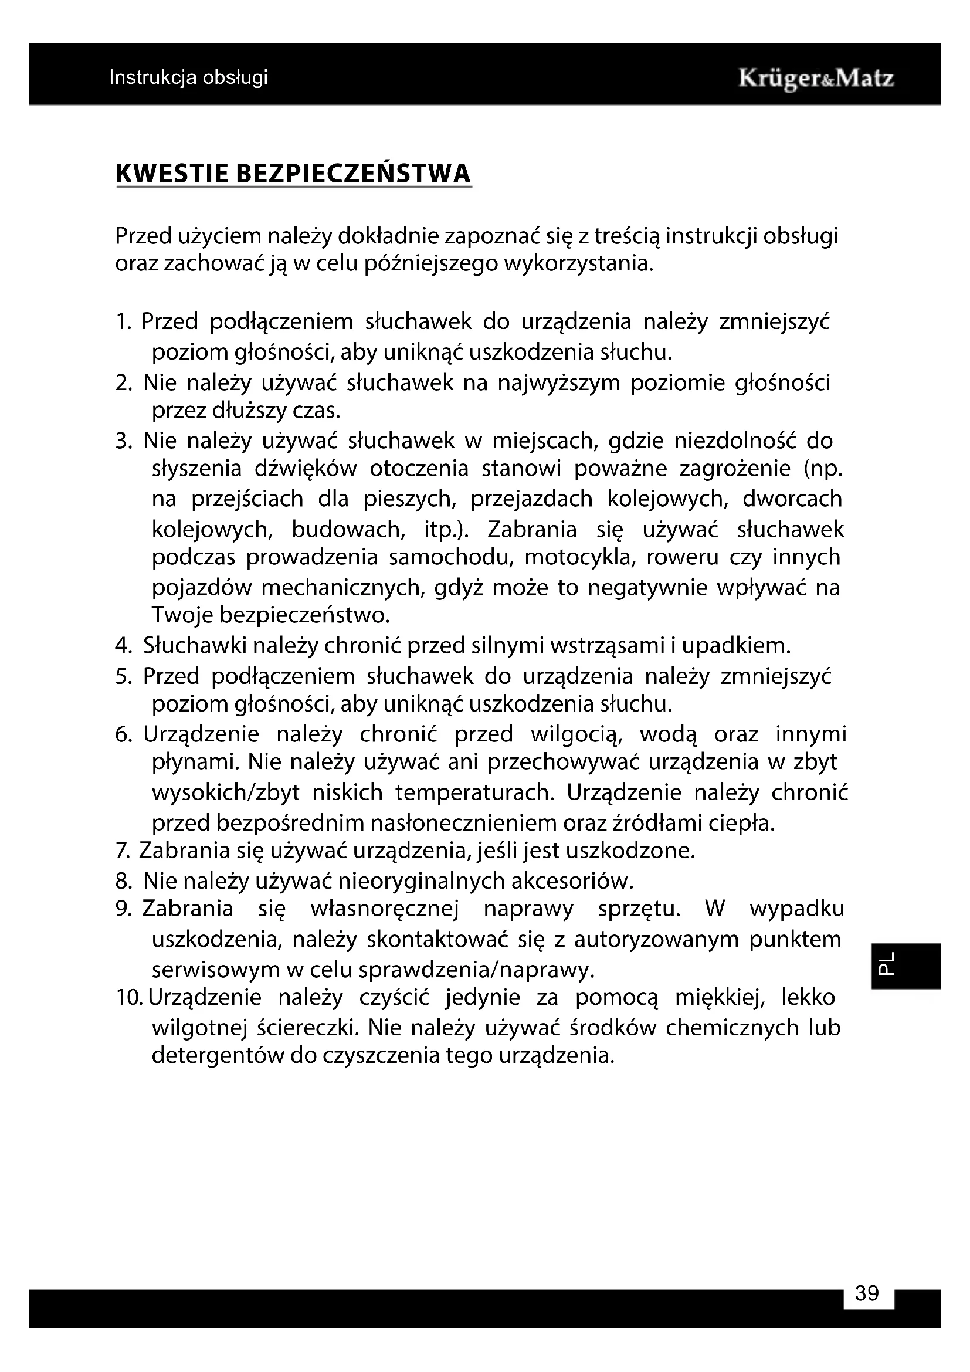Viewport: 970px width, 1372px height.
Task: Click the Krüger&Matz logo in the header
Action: click(816, 79)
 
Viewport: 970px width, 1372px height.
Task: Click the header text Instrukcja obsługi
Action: click(188, 77)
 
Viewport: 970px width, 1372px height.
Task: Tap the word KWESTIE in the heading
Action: click(171, 173)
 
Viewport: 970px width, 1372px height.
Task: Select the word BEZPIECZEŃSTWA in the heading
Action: click(354, 173)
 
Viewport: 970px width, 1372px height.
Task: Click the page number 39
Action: click(867, 1293)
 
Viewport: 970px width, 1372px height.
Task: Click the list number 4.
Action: click(123, 646)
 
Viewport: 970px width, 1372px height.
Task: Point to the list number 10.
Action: click(129, 997)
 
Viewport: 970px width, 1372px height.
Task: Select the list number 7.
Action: click(122, 851)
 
